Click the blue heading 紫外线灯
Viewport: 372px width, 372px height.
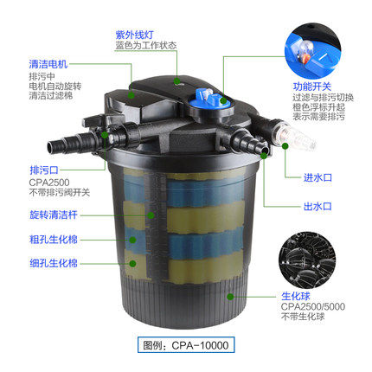[134, 35]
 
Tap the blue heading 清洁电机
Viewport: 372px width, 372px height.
[48, 64]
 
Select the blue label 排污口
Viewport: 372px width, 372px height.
[44, 170]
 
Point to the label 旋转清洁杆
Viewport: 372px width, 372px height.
[54, 215]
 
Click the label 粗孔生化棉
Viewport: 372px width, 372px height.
[54, 240]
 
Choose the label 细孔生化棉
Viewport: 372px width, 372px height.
[54, 263]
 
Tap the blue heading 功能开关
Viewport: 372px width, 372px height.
[312, 87]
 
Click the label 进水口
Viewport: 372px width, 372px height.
[317, 177]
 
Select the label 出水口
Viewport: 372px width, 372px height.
[317, 206]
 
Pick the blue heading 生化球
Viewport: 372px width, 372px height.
[296, 296]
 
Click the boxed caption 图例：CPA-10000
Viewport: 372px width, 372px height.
[186, 345]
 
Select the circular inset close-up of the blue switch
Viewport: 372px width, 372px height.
[313, 51]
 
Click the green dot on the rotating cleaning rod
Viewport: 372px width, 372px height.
[151, 215]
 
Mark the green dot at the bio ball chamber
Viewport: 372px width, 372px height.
[230, 296]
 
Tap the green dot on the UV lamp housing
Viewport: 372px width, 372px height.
[176, 80]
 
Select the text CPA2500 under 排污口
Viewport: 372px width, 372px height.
[49, 183]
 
